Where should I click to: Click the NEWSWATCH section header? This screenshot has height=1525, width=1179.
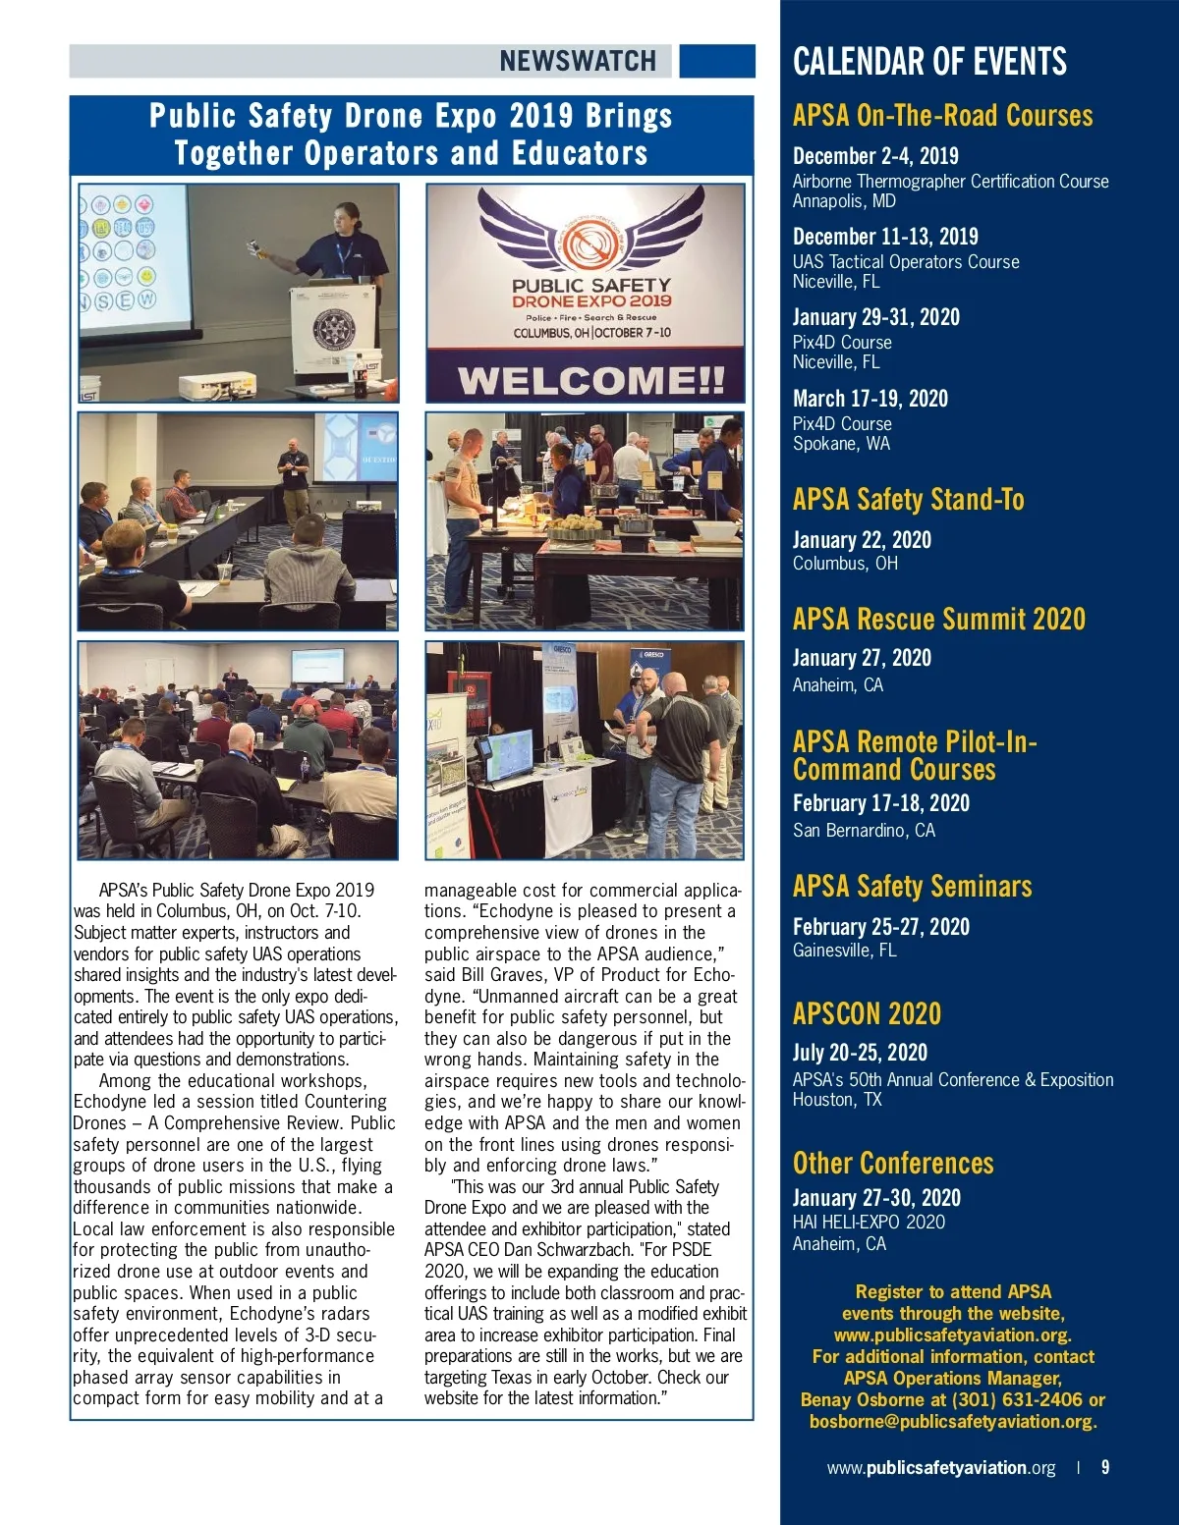[x=578, y=61]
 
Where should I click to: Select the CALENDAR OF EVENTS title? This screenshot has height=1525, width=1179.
[x=929, y=62]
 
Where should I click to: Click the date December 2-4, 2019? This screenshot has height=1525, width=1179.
[x=875, y=156]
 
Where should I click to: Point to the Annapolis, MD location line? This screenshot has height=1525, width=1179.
[x=844, y=201]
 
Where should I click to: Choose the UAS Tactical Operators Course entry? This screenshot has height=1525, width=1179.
[x=906, y=262]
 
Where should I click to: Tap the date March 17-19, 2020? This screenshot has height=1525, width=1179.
[x=870, y=399]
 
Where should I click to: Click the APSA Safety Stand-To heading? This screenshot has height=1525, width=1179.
[x=908, y=500]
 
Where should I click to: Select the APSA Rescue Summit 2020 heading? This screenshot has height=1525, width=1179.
[x=938, y=619]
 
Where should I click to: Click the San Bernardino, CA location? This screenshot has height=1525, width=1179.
[x=864, y=831]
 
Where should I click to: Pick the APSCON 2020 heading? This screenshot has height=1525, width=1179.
[x=867, y=1013]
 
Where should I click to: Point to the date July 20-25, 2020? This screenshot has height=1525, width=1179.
[x=860, y=1053]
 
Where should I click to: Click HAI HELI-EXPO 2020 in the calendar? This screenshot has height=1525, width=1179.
[x=869, y=1223]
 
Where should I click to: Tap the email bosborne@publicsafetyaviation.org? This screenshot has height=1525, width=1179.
[x=952, y=1422]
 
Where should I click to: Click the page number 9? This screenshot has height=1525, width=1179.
[x=1105, y=1467]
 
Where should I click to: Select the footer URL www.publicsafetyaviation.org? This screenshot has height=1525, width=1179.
[x=940, y=1468]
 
